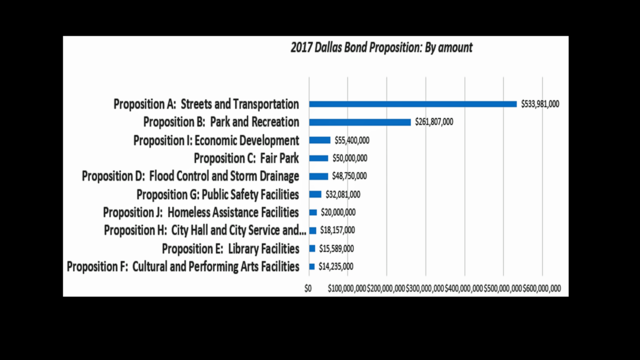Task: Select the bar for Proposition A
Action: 413,104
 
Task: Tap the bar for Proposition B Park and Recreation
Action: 360,122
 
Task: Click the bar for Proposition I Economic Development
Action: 320,140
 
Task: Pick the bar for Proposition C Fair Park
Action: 319,158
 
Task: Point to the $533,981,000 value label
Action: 539,104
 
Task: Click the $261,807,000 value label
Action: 433,122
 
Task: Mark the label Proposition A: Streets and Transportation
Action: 205,104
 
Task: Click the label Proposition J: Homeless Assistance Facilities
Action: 201,212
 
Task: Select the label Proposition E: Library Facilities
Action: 230,248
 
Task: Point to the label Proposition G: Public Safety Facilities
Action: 217,194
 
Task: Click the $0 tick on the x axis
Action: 310,288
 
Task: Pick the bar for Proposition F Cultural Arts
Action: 312,266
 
